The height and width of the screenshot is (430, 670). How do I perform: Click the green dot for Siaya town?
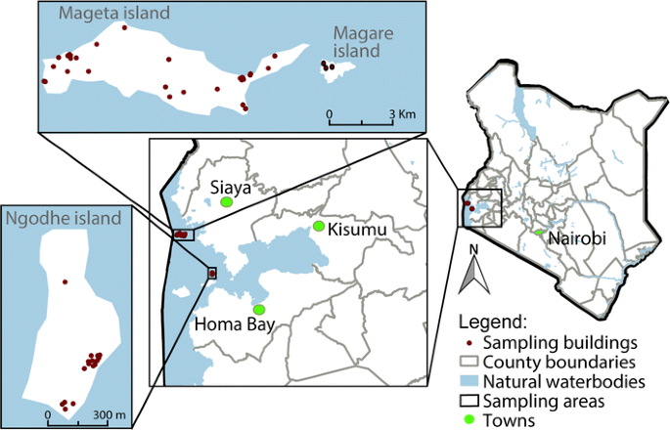pos(227,201)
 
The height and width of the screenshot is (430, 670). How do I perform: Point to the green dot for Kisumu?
pos(318,227)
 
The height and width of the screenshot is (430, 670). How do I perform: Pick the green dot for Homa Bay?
pos(259,310)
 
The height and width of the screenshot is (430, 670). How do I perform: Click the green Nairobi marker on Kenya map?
pos(538,232)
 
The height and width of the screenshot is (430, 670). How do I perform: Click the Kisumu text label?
pos(358,229)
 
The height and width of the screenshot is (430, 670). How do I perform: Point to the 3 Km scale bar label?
pos(403,114)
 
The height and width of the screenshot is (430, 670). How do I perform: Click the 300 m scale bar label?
pos(110,415)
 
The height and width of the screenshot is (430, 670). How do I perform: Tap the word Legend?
pos(495,322)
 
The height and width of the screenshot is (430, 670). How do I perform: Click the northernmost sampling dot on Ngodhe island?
pos(65,281)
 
